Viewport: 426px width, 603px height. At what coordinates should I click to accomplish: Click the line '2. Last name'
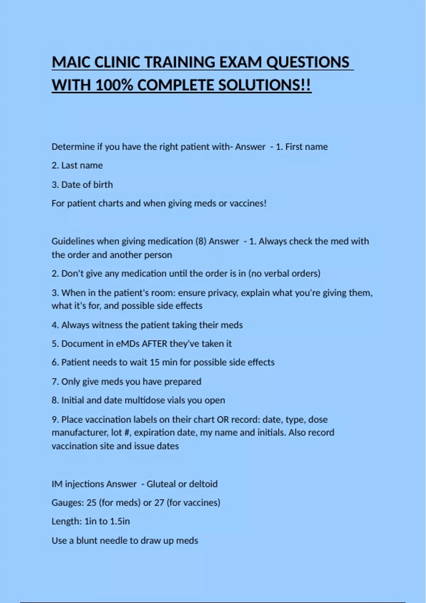point(77,165)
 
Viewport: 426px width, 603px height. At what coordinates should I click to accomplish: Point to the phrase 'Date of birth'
point(87,184)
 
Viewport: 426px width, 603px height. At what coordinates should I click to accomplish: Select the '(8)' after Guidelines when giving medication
point(201,241)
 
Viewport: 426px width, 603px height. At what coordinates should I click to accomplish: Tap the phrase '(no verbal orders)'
point(284,273)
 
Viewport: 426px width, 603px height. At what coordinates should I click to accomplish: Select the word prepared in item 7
point(182,382)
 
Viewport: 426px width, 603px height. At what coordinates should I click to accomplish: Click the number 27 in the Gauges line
point(159,503)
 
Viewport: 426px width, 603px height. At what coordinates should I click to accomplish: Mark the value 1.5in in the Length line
point(120,521)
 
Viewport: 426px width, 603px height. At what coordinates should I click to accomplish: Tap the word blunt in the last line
point(87,541)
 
